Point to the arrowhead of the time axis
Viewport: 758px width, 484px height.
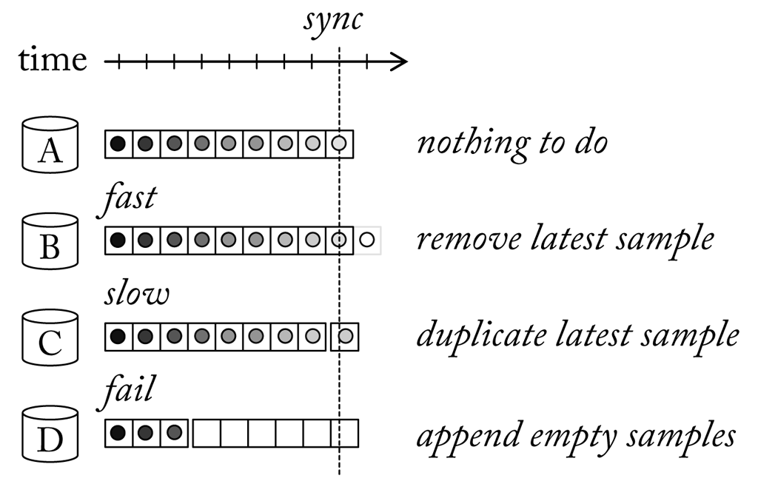[399, 61]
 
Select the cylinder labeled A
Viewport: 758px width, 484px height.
[50, 142]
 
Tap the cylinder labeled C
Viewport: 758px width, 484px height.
[50, 337]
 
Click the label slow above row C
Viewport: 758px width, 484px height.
[136, 295]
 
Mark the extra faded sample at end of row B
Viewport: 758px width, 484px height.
[367, 240]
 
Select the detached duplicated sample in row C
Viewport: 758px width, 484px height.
[345, 336]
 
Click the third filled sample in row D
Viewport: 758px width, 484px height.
[174, 433]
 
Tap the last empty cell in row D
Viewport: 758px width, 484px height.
[345, 433]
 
